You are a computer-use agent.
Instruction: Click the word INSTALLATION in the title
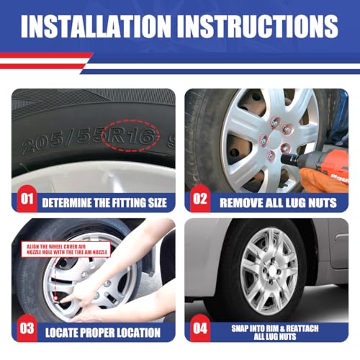point(96,26)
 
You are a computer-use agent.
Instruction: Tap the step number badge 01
point(27,199)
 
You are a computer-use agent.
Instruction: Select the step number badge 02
point(200,199)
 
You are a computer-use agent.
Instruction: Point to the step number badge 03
point(27,328)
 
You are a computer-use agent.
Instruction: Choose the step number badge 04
point(200,328)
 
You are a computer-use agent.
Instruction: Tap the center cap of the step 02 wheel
point(276,140)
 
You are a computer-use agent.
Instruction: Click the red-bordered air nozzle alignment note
point(66,249)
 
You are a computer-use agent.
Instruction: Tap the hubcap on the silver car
point(269,271)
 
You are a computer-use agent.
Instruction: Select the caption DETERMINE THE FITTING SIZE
point(104,203)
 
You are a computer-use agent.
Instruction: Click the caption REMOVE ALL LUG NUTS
point(278,203)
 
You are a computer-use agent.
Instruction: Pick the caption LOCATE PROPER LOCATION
point(103,333)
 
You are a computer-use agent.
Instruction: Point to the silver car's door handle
point(341,237)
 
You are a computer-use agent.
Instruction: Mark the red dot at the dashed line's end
point(55,298)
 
